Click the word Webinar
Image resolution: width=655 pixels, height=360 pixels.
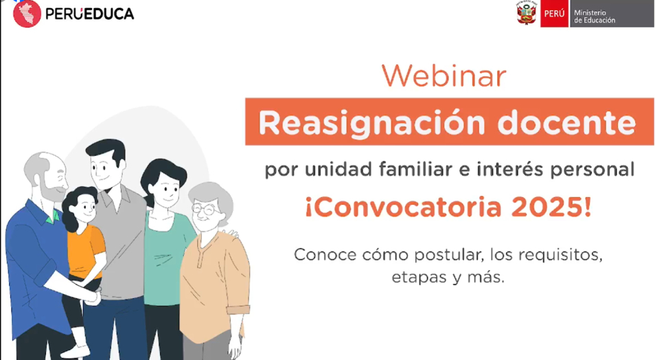pos(444,76)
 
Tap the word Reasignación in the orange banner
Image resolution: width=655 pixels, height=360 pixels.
pos(371,124)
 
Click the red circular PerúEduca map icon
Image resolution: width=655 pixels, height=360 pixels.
pos(27,14)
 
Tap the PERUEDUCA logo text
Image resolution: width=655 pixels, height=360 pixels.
pos(89,14)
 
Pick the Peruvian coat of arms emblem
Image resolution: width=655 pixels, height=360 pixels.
pos(526,13)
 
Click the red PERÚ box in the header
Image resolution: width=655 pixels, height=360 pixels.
pos(554,14)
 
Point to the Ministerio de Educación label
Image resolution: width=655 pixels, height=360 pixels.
pos(594,16)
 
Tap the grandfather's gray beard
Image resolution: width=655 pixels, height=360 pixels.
pos(53,189)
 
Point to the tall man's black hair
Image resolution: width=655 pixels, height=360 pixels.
pos(105,150)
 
